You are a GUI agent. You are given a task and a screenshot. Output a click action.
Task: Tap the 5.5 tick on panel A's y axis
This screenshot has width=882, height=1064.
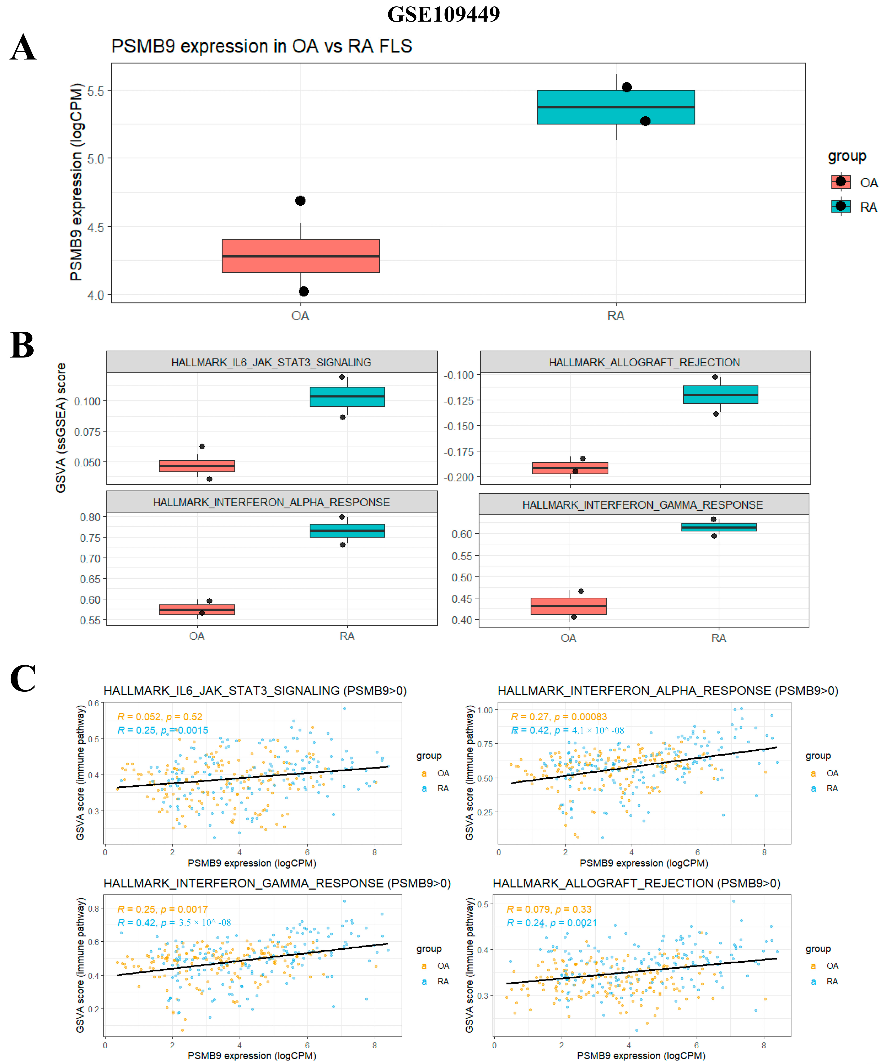(x=96, y=91)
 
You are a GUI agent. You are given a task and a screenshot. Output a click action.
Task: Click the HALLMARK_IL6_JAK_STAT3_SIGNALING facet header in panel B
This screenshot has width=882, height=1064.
(x=271, y=362)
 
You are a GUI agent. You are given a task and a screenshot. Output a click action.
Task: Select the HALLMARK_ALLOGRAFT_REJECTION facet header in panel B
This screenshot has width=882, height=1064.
(x=645, y=362)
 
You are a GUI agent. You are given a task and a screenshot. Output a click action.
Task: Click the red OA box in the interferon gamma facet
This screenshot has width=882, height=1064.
(x=568, y=606)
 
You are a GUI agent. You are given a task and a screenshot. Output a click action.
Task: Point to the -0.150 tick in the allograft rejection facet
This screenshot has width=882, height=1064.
(x=459, y=426)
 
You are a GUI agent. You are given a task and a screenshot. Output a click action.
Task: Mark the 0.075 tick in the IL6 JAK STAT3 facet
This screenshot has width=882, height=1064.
(x=87, y=432)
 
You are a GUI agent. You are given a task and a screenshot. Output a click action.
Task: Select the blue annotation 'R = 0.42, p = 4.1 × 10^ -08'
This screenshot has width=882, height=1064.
(x=567, y=730)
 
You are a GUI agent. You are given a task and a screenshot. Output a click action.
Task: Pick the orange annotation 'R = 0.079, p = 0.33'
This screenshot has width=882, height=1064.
(x=549, y=909)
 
